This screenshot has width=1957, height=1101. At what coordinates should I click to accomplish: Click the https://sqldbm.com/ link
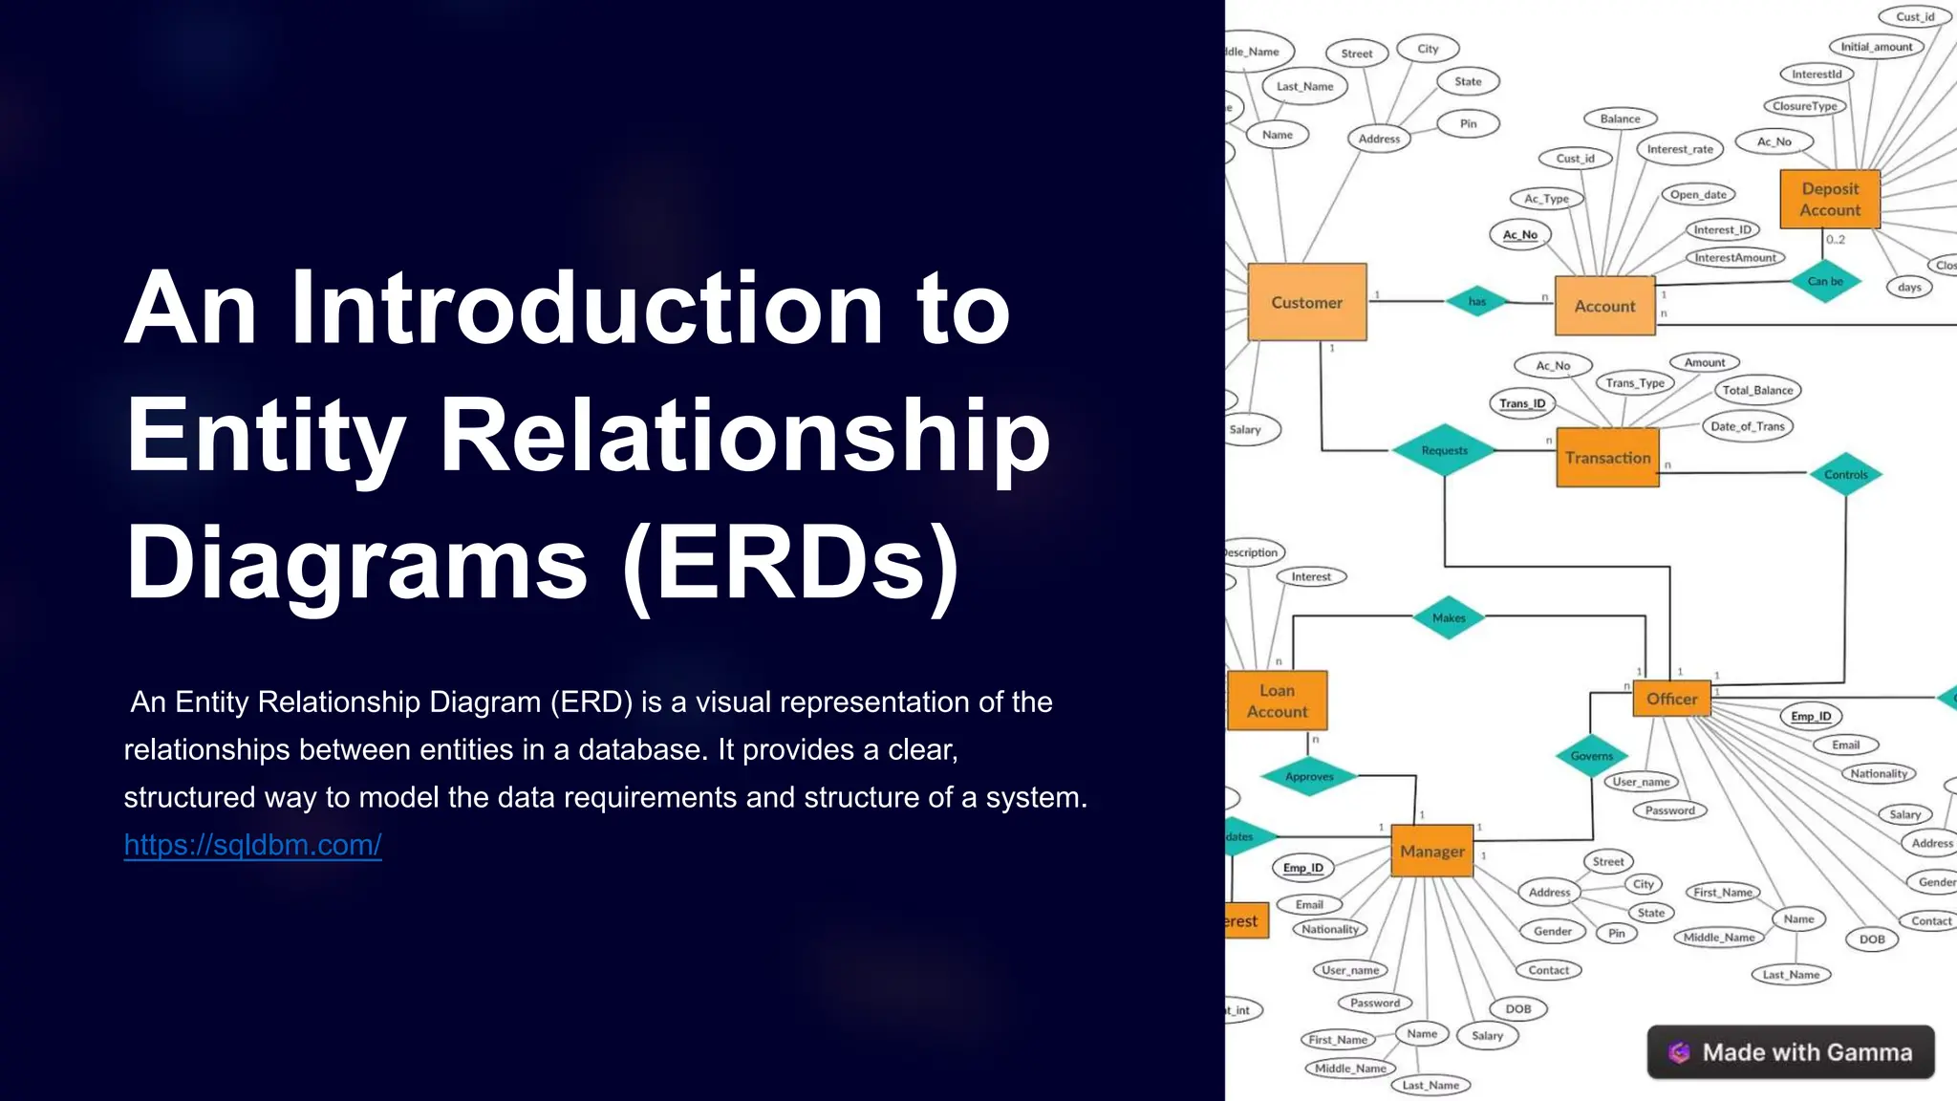click(x=252, y=845)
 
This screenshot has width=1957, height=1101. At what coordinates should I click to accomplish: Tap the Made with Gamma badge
click(x=1790, y=1052)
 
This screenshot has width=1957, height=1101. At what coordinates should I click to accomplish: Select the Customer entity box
click(x=1306, y=302)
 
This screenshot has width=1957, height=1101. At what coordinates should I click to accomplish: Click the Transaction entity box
click(x=1607, y=458)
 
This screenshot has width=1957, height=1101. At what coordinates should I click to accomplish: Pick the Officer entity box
click(x=1671, y=699)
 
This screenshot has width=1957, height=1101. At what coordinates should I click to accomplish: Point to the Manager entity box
click(x=1431, y=851)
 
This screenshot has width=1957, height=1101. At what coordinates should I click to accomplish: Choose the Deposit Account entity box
click(x=1830, y=199)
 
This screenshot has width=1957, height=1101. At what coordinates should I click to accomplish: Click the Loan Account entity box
click(x=1277, y=701)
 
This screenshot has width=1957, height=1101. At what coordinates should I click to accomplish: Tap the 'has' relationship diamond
click(x=1476, y=301)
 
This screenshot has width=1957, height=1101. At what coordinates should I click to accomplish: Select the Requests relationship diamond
click(x=1444, y=450)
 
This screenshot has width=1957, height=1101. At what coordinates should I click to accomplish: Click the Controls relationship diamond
click(x=1845, y=474)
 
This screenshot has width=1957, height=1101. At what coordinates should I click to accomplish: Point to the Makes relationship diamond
click(x=1449, y=617)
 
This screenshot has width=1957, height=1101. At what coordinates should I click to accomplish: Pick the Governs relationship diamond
click(x=1591, y=756)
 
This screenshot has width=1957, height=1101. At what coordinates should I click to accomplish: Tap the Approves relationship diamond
click(x=1309, y=776)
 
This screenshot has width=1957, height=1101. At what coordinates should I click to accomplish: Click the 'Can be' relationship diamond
click(x=1824, y=281)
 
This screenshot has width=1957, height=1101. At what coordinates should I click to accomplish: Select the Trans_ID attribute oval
click(x=1521, y=403)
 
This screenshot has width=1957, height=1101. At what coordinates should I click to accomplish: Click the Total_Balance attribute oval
click(x=1757, y=390)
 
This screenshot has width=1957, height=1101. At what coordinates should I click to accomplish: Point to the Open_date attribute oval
click(x=1698, y=195)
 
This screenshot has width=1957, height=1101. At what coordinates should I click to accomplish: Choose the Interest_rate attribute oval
click(x=1680, y=149)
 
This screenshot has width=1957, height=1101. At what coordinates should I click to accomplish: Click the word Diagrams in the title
click(x=356, y=564)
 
